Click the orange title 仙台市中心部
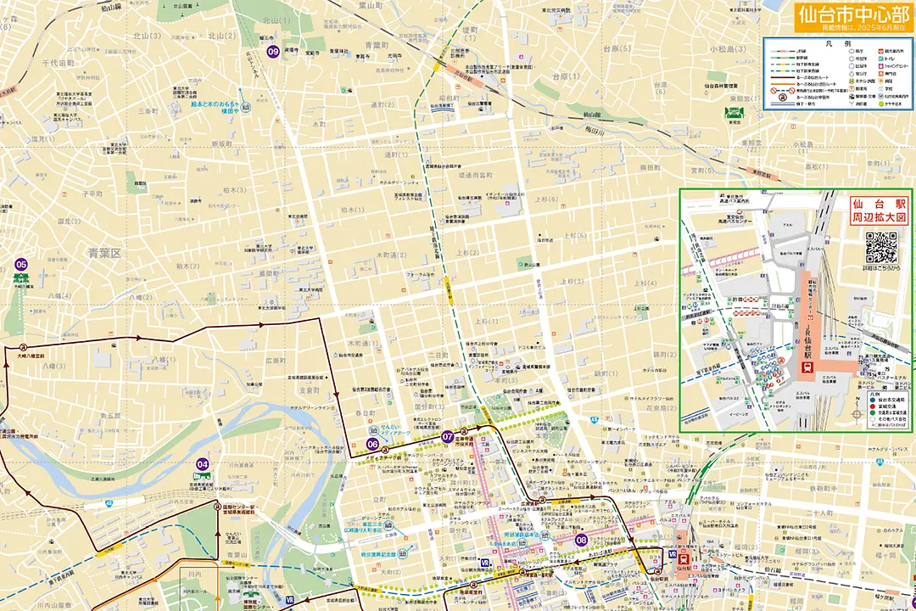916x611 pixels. pos(852,14)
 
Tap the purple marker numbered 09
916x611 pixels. pos(273,52)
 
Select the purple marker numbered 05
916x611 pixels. pos(22,265)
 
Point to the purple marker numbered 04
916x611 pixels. pos(202,464)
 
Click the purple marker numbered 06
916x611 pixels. pos(372,444)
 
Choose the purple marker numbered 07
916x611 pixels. pos(447,436)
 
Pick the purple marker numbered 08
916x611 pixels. pos(581,540)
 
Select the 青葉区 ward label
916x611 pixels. pos(105,253)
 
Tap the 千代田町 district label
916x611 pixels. pos(59,63)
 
